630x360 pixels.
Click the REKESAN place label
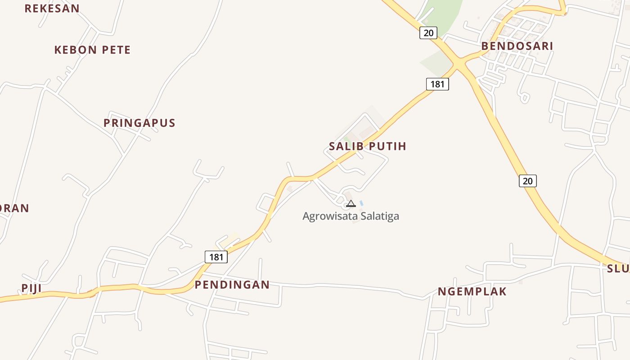pos(52,8)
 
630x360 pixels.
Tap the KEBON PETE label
pos(92,50)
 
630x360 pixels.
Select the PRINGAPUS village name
pos(139,123)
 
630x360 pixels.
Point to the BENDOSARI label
pos(517,46)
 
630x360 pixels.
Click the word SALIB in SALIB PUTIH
pos(346,146)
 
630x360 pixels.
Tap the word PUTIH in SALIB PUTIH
pos(387,146)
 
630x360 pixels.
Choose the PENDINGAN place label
pos(232,284)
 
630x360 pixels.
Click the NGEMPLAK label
pos(472,292)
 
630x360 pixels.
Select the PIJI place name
pos(31,288)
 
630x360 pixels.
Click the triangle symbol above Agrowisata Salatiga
pos(351,203)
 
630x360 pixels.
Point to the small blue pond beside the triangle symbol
pos(361,203)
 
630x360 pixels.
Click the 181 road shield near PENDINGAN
pos(216,257)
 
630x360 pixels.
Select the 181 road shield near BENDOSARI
pos(437,84)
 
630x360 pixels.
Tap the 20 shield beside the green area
pos(428,32)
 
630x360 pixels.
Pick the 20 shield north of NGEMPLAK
pos(527,181)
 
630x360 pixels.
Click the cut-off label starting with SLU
pos(618,269)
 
